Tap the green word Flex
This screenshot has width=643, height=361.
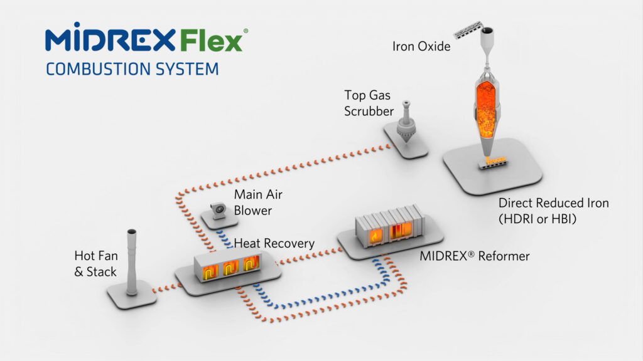click(211, 41)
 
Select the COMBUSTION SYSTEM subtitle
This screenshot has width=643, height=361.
click(132, 69)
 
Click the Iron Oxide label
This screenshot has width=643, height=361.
click(421, 46)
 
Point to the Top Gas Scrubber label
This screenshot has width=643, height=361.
click(369, 103)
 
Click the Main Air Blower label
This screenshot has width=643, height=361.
click(258, 202)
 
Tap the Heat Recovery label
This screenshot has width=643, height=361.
click(274, 243)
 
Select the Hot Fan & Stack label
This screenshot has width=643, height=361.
click(96, 264)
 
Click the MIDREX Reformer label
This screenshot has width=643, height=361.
click(475, 256)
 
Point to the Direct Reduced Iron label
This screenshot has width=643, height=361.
click(553, 211)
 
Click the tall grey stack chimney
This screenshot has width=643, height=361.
click(132, 262)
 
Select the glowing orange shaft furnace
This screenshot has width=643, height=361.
click(487, 108)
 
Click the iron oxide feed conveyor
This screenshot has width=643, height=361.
click(467, 30)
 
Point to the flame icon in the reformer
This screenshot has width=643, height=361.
click(376, 236)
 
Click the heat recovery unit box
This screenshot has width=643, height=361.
click(227, 266)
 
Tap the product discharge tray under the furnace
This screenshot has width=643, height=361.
click(493, 164)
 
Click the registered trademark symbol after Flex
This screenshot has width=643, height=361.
click(246, 31)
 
